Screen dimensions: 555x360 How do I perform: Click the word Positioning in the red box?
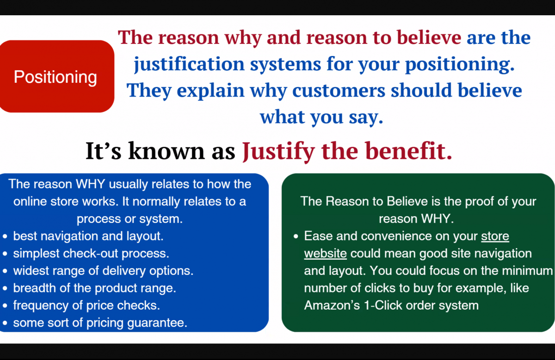coord(55,77)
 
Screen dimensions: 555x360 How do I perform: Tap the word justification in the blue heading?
coord(189,64)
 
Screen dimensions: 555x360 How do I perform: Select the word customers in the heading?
coord(339,91)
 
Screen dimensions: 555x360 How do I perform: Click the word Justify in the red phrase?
coord(278,151)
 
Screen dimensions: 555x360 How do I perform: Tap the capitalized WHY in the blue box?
coord(91,184)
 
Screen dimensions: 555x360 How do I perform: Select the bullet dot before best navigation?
coord(5,237)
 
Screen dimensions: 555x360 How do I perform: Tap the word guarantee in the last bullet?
coord(157,323)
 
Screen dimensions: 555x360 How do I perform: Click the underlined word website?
coord(325,254)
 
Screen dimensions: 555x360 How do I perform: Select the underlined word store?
coord(495,236)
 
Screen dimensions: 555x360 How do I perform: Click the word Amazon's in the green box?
coord(332,305)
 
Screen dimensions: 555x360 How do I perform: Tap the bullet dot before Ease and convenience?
coord(296,237)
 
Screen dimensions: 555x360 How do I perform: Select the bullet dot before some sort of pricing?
coord(5,323)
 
